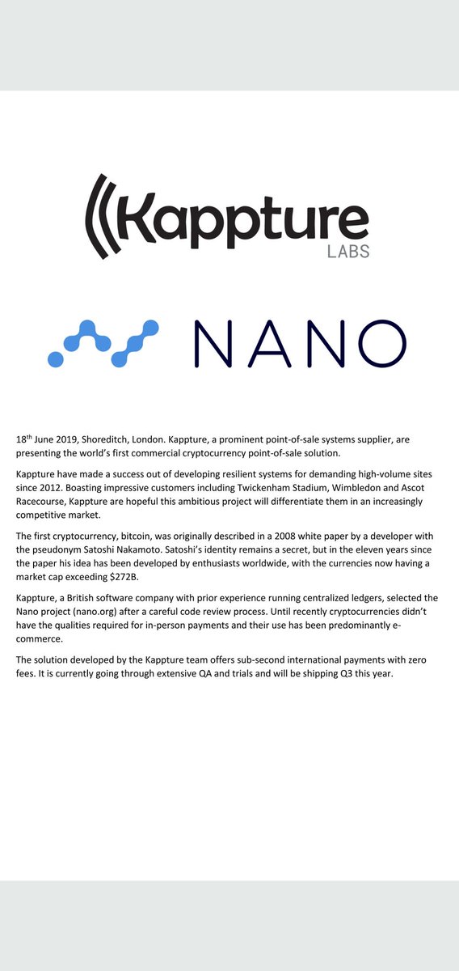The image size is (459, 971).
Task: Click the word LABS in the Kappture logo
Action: coord(348,252)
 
